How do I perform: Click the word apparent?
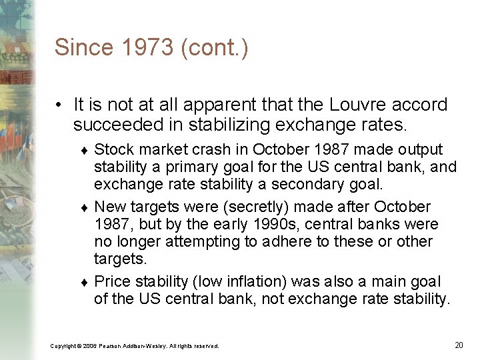tap(216, 105)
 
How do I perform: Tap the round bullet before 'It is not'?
tap(60, 105)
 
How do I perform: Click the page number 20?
tap(459, 345)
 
